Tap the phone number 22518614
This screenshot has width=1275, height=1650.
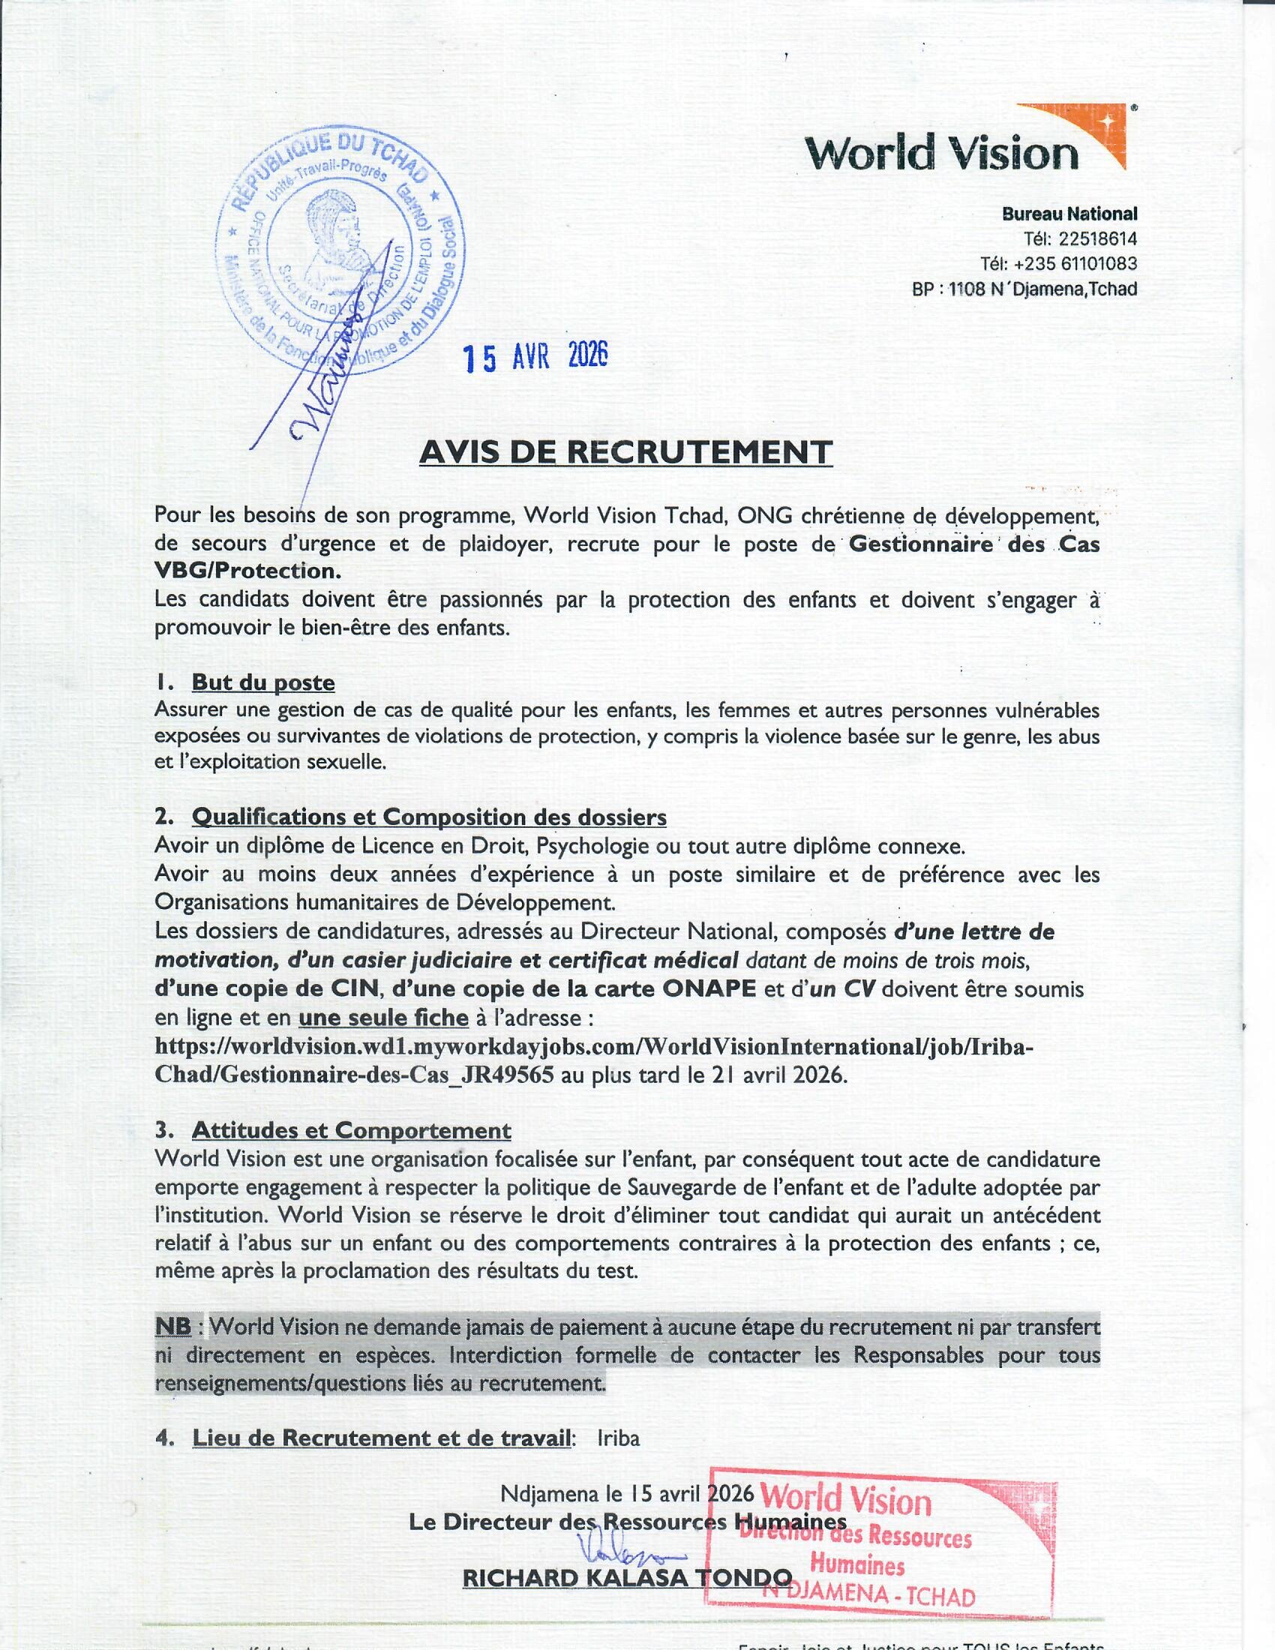1097,238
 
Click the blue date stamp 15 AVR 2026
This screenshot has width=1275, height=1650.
535,358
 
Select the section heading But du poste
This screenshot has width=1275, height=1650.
262,682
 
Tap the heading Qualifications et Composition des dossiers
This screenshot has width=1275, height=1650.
429,817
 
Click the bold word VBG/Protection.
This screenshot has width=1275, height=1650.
247,571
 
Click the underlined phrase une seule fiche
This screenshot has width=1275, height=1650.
384,1018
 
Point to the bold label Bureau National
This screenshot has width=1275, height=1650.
1069,214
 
